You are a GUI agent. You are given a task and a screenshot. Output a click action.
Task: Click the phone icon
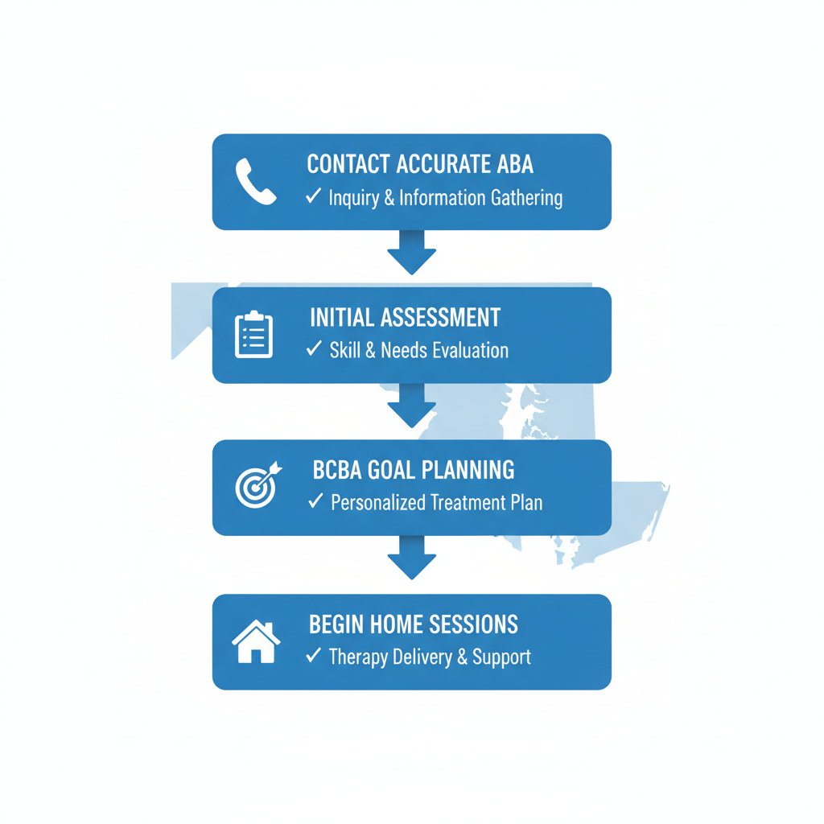pos(255,181)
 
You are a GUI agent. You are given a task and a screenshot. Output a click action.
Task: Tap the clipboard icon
pos(253,334)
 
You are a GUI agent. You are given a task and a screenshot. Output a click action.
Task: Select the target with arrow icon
pos(258,485)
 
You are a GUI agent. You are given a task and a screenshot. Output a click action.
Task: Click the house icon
pos(256,641)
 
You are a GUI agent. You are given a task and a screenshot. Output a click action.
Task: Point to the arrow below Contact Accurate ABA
pos(411,252)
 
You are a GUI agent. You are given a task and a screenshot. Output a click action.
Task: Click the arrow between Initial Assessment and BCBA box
pos(411,406)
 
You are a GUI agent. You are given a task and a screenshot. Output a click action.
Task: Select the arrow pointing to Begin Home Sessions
pos(411,558)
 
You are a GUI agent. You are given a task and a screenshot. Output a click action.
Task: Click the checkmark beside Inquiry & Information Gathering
pos(313,196)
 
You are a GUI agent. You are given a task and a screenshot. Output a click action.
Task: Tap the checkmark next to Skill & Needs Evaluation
pos(314,348)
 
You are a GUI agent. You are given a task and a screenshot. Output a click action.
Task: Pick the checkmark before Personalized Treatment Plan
pos(315,501)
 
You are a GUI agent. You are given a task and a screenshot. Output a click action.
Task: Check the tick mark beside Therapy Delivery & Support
pos(313,655)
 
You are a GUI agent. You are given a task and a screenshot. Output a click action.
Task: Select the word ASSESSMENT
pos(440,317)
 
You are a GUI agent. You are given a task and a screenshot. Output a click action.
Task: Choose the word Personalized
pos(378,503)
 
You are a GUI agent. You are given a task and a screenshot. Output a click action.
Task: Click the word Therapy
pos(358,657)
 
